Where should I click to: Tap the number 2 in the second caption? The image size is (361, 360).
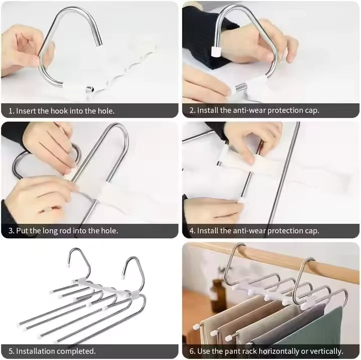click(x=192, y=111)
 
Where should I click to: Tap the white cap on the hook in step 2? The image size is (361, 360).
click(x=217, y=51)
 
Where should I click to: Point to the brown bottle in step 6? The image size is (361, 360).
click(x=217, y=295)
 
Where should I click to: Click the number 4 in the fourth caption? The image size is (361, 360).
click(x=192, y=231)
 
